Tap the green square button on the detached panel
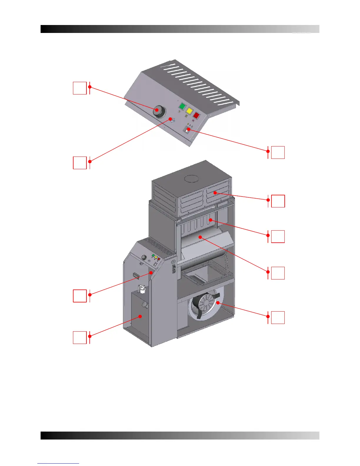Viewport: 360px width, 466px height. click(183, 106)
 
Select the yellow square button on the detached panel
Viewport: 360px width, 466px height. click(189, 111)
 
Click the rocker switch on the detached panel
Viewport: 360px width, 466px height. click(187, 130)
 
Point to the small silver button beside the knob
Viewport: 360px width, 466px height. click(171, 120)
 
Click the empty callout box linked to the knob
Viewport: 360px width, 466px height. click(79, 88)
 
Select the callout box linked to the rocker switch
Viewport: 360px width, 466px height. click(278, 152)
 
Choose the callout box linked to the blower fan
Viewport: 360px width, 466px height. click(278, 317)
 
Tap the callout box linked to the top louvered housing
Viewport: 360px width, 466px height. click(278, 201)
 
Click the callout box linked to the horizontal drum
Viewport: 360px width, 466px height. click(278, 273)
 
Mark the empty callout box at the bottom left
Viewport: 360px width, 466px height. click(79, 337)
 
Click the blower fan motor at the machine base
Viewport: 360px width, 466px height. click(205, 306)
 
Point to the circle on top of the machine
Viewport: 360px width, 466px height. click(192, 179)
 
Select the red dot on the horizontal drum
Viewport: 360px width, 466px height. click(200, 237)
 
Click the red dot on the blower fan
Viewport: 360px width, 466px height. click(218, 302)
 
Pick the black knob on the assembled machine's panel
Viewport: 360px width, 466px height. click(144, 257)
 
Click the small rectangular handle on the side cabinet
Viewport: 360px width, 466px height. click(136, 276)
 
